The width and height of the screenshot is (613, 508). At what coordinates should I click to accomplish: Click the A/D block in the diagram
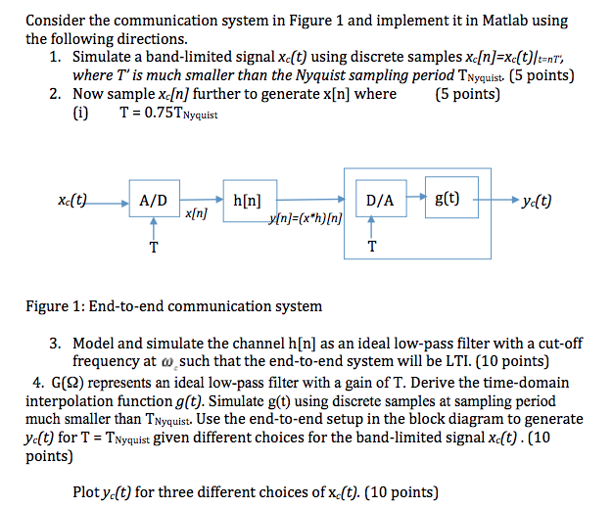(154, 201)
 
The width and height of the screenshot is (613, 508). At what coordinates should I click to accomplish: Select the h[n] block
(249, 201)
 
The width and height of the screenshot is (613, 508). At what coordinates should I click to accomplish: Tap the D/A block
(380, 201)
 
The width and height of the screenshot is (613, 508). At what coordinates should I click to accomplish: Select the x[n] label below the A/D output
(195, 212)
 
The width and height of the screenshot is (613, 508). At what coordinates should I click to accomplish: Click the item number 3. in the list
(57, 344)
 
